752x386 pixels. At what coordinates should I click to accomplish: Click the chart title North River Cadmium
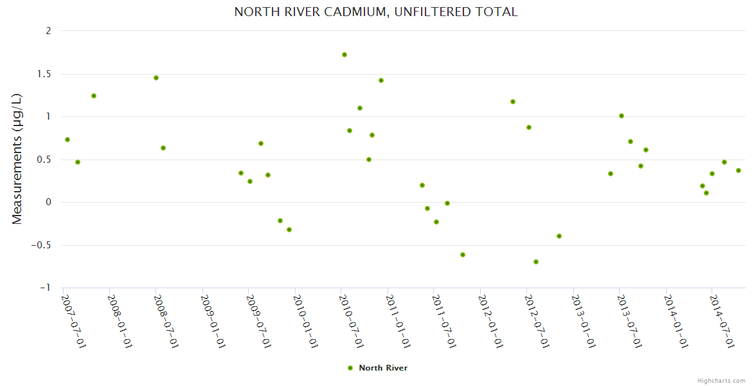point(375,12)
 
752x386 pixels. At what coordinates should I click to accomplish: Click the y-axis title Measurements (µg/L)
point(17,159)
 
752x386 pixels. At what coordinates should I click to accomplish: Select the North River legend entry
point(377,368)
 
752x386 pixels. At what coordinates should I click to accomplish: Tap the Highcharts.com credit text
point(721,380)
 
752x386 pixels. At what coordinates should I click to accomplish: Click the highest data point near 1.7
point(345,55)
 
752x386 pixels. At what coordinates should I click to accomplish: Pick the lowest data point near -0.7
point(536,262)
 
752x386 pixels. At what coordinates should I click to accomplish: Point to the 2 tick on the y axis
point(48,31)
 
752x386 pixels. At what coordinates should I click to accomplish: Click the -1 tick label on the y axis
point(45,288)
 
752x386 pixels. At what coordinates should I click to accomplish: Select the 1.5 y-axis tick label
point(43,74)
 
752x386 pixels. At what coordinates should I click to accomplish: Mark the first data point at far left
point(67,140)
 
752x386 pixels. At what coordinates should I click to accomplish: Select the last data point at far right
point(739,170)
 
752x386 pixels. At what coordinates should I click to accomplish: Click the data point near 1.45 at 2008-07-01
point(156,78)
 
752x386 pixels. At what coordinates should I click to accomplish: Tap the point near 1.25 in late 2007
point(94,96)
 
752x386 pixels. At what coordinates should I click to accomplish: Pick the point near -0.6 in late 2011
point(463,255)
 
